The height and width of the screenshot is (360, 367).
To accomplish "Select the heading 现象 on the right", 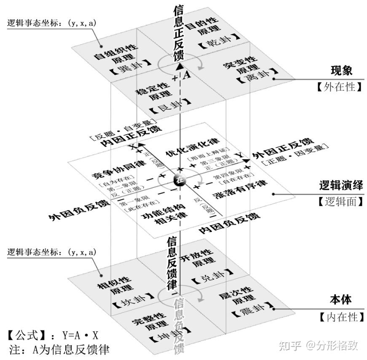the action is click(341, 70).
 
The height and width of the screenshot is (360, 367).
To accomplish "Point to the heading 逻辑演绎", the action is click(341, 186).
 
